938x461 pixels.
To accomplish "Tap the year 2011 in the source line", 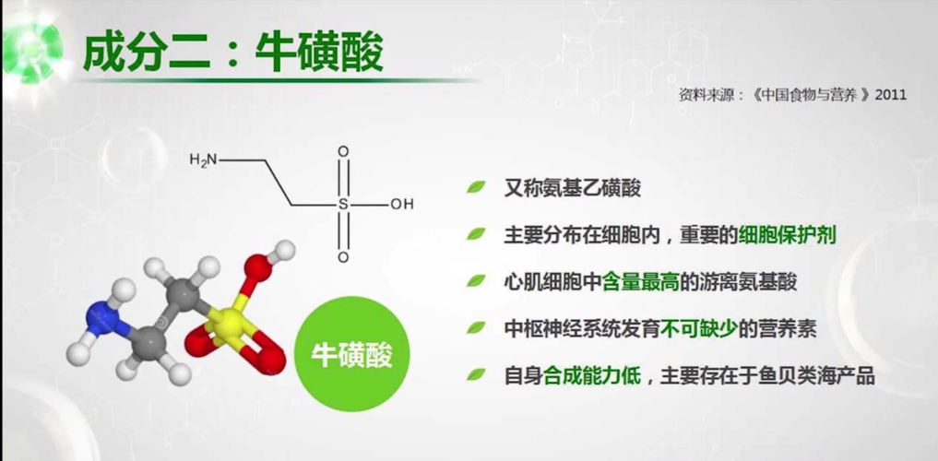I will tap(891, 94).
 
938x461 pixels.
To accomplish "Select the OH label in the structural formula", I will tap(401, 204).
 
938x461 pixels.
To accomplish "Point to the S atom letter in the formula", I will tap(343, 204).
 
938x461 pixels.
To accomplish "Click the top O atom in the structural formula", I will tap(343, 152).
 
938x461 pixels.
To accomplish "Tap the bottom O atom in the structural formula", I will tap(343, 256).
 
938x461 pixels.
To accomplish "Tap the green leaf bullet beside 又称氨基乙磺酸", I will tap(476, 187).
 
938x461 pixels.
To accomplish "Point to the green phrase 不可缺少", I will tap(697, 328).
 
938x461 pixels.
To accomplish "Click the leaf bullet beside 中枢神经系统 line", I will tap(476, 328).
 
